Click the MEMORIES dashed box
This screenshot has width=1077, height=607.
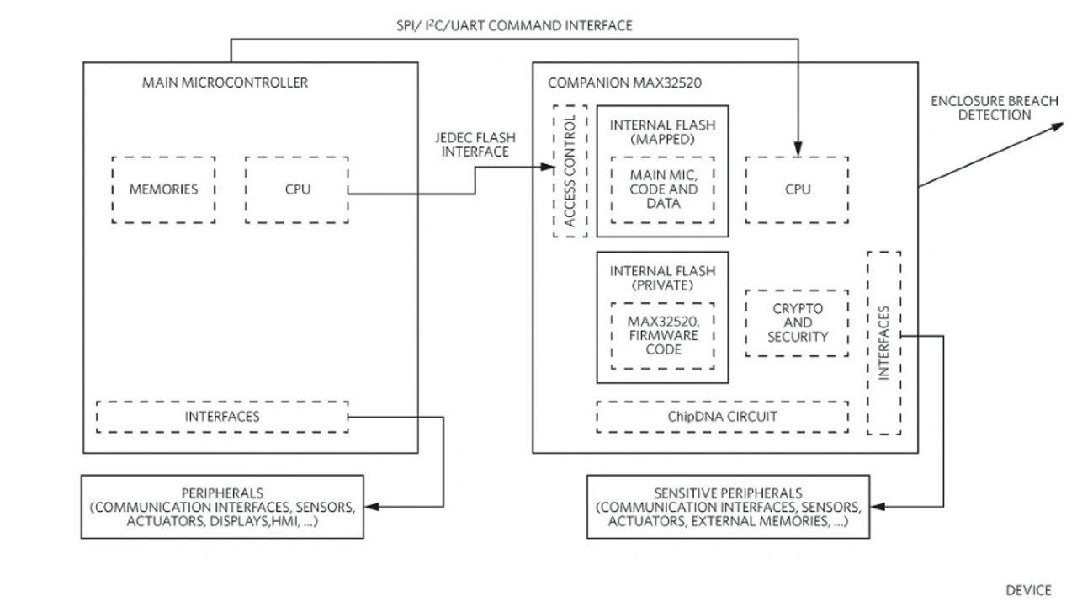point(163,189)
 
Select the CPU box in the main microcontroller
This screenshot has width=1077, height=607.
point(297,189)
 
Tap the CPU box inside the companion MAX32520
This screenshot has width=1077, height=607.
point(797,189)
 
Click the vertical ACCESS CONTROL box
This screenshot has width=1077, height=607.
point(570,171)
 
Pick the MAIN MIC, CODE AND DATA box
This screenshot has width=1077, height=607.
point(663,189)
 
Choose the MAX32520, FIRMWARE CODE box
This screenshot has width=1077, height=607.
point(663,335)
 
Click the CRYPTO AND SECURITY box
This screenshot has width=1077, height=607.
point(797,322)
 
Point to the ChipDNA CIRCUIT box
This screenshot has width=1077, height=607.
point(722,416)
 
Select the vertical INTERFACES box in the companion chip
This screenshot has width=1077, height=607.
point(883,343)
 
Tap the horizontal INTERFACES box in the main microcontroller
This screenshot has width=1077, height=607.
point(222,416)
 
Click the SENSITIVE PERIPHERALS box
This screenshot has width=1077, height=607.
point(728,507)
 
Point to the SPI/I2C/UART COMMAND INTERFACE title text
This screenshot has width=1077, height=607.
point(515,26)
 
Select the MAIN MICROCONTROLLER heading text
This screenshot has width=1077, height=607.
point(226,83)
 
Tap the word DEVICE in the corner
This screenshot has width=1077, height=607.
point(1028,589)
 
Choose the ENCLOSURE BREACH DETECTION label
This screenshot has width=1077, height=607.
point(994,108)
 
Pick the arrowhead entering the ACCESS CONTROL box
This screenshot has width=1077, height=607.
point(547,168)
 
